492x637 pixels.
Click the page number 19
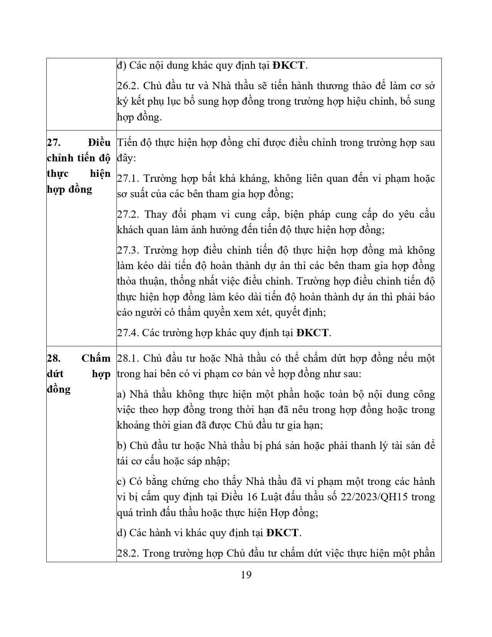(246, 575)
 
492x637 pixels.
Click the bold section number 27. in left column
(53, 142)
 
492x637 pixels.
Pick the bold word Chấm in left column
(96, 358)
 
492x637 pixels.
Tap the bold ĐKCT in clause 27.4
(313, 333)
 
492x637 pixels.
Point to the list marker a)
(122, 394)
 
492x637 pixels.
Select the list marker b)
(122, 446)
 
